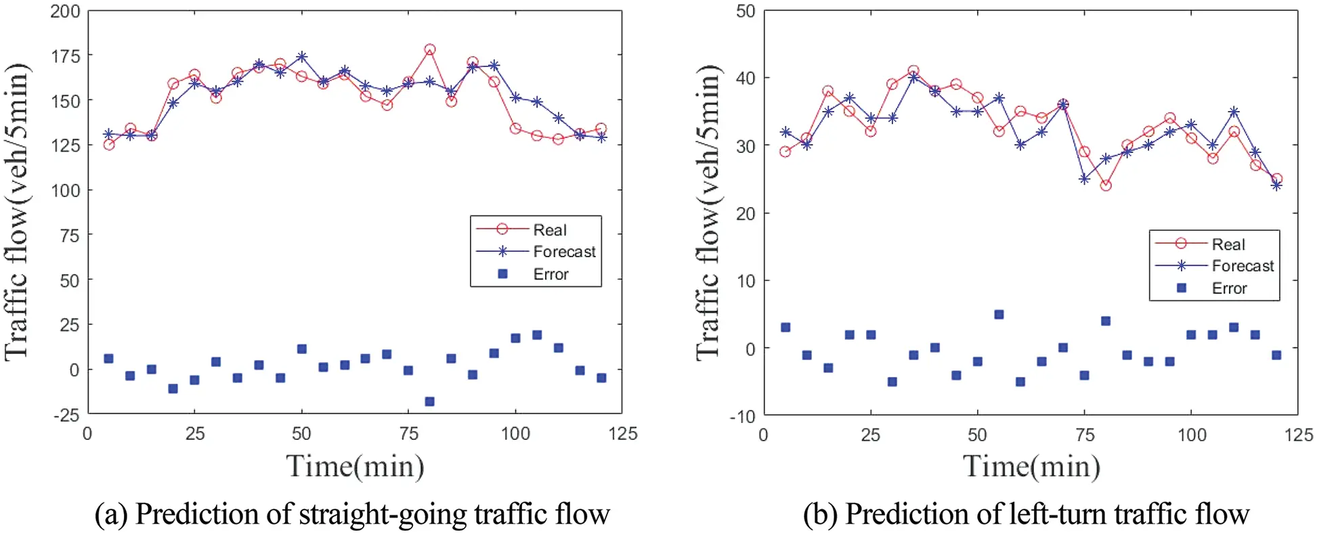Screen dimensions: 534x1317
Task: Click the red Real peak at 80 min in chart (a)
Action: (429, 49)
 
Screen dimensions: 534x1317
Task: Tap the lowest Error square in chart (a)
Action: (429, 401)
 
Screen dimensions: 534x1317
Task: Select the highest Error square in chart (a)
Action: (537, 335)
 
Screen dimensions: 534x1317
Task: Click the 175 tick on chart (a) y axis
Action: (66, 56)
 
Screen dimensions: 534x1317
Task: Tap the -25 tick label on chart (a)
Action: (66, 415)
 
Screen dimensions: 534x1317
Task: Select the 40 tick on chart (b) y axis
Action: (746, 79)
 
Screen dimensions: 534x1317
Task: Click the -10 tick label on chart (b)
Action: (742, 416)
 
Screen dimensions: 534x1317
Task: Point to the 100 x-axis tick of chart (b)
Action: (1191, 435)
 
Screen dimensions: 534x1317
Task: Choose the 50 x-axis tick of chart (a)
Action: (301, 434)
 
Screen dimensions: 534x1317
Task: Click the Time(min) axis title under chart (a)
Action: (355, 466)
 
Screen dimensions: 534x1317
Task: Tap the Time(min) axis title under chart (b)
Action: (1031, 466)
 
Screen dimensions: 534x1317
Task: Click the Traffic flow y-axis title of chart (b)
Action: (708, 212)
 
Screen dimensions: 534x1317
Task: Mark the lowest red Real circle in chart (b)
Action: (1106, 185)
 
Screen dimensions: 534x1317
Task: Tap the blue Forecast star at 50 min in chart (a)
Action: (302, 56)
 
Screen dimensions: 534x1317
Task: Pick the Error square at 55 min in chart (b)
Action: (999, 315)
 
